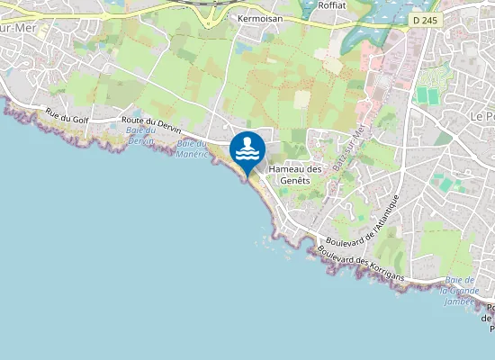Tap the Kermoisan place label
(260, 18)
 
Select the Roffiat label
(331, 4)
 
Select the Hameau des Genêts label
(295, 175)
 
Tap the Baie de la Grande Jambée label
(460, 292)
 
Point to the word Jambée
(460, 301)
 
